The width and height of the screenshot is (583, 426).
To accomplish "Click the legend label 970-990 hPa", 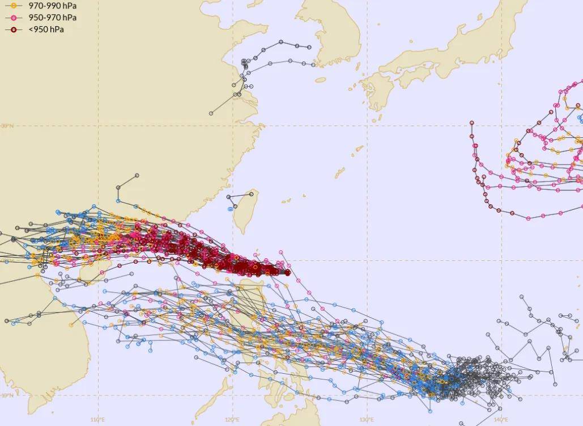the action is coord(53,6).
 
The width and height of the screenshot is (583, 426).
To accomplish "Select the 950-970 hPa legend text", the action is coord(53,18).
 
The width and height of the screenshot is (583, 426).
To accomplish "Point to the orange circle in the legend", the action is coord(13,6).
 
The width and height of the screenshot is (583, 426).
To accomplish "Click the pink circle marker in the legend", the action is coord(13,18).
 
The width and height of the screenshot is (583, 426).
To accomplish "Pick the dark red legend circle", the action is coord(13,29).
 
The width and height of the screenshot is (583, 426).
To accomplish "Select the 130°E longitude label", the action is coord(367,420).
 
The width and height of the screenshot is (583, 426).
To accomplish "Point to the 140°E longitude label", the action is coord(500,420).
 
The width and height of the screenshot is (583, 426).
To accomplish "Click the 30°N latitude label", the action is coord(6,126).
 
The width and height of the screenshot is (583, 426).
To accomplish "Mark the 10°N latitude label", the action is coord(6,395).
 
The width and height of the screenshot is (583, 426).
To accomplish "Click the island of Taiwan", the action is coord(247,212).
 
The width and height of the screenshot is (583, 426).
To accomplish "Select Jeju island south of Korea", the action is coord(321,80).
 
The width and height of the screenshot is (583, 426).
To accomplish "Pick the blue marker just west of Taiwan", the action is coord(231,209).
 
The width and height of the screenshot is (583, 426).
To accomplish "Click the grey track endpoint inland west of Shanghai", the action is coord(211,113).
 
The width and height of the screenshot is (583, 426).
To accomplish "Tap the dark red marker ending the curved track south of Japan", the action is coord(471,122).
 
